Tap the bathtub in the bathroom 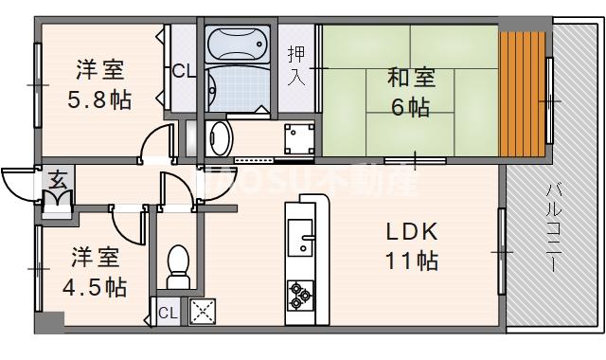pyautogui.click(x=238, y=43)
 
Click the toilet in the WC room pyautogui.click(x=177, y=265)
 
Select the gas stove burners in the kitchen pyautogui.click(x=300, y=294)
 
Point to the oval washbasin pyautogui.click(x=218, y=135)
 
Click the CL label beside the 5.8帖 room pyautogui.click(x=184, y=69)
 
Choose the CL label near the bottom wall pyautogui.click(x=167, y=313)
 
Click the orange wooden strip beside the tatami pyautogui.click(x=522, y=95)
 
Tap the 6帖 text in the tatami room pyautogui.click(x=409, y=107)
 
